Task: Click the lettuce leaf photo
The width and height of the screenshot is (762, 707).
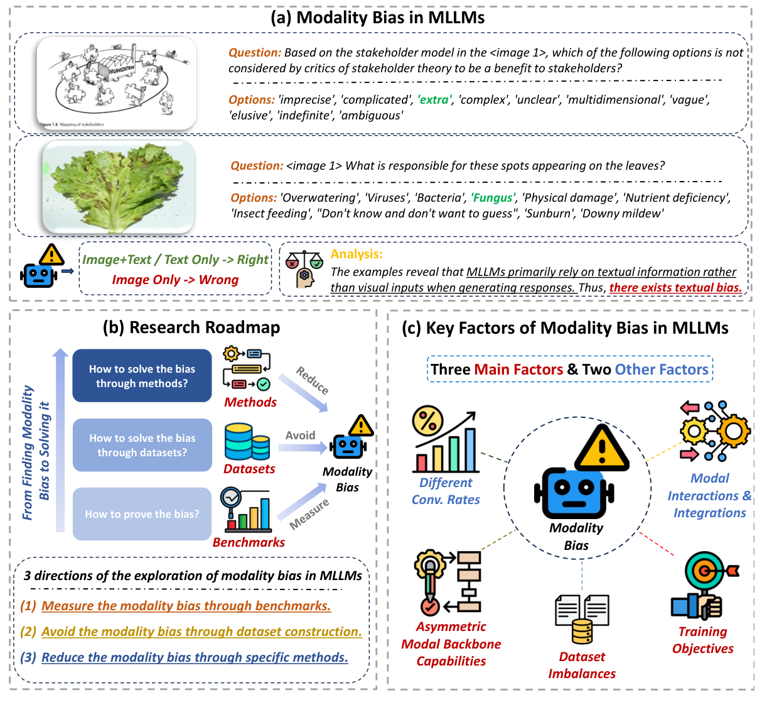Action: tap(119, 187)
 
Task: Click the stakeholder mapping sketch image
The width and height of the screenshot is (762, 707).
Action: tap(117, 83)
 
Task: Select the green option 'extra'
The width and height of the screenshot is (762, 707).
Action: tap(434, 100)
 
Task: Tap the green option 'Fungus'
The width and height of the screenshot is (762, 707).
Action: tap(493, 198)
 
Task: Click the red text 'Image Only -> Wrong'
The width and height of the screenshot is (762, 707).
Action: tap(175, 280)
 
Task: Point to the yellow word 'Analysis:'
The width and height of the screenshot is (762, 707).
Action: tap(357, 255)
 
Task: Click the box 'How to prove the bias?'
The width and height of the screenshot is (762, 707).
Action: tap(142, 514)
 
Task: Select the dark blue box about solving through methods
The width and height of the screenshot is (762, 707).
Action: tap(142, 376)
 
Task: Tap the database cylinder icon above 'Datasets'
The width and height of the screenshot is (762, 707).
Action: tap(247, 442)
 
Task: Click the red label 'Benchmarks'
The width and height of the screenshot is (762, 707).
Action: tap(249, 542)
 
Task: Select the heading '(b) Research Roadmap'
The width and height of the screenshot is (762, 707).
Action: tap(191, 327)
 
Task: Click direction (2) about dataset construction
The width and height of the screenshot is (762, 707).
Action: tap(201, 632)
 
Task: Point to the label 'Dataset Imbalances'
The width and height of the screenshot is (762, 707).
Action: tap(582, 665)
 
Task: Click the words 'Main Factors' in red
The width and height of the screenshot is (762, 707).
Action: tap(518, 370)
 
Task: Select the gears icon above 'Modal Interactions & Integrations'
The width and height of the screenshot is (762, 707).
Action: tap(714, 432)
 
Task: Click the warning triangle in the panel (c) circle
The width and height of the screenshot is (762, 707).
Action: tap(601, 448)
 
